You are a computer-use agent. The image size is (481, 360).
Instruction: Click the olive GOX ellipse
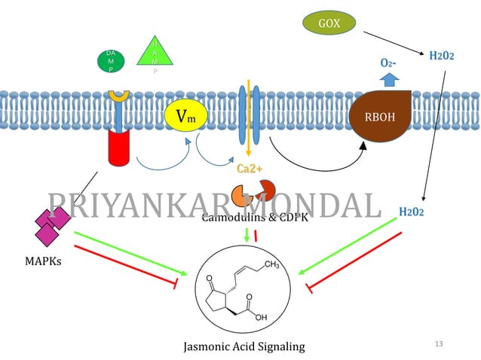329,23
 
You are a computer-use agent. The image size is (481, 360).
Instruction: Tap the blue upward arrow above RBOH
389,79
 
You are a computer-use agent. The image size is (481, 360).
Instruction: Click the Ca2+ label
249,168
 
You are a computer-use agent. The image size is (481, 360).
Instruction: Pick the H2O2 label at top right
442,55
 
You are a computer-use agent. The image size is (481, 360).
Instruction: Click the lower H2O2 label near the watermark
411,212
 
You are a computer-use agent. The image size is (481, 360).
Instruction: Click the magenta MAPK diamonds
52,224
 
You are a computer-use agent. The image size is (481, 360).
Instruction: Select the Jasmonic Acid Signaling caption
245,346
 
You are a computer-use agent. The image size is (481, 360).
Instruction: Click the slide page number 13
440,344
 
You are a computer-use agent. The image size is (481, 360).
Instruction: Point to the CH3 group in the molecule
272,264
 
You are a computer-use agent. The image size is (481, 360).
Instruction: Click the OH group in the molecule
261,317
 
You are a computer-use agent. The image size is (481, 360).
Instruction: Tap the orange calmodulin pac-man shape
242,194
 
